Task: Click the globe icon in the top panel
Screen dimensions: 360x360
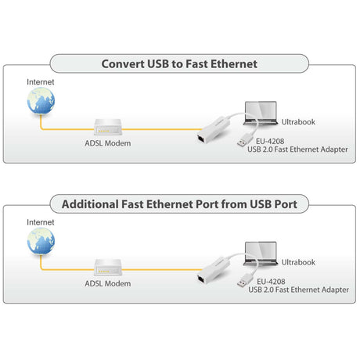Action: tap(41, 101)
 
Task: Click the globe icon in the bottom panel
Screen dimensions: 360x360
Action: tap(41, 241)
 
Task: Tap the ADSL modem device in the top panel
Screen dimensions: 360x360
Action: tap(108, 127)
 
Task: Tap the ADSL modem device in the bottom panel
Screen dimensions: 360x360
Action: tap(108, 268)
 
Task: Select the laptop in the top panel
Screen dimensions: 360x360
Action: tap(261, 113)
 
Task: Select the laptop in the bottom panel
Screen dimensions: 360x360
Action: tap(261, 254)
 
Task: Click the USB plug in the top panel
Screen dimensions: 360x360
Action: tap(245, 140)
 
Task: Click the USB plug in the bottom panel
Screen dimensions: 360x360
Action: tap(245, 280)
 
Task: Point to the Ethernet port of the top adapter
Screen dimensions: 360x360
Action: tap(201, 139)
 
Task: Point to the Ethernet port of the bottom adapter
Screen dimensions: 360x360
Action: tap(201, 279)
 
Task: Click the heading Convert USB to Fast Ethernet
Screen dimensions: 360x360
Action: tap(179, 64)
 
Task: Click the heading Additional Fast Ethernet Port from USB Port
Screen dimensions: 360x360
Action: tap(179, 204)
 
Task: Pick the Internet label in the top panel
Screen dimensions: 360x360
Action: tap(41, 82)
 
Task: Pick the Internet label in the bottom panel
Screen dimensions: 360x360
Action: tap(41, 222)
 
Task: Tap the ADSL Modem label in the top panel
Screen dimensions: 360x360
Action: tap(108, 143)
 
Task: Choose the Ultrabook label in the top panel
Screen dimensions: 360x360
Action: tap(298, 122)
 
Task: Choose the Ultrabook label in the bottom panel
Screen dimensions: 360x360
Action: tap(298, 262)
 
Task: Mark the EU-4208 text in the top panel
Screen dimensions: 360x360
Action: tap(270, 142)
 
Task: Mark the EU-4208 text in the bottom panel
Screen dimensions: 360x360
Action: tap(271, 282)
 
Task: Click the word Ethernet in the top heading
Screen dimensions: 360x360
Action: tap(234, 64)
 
